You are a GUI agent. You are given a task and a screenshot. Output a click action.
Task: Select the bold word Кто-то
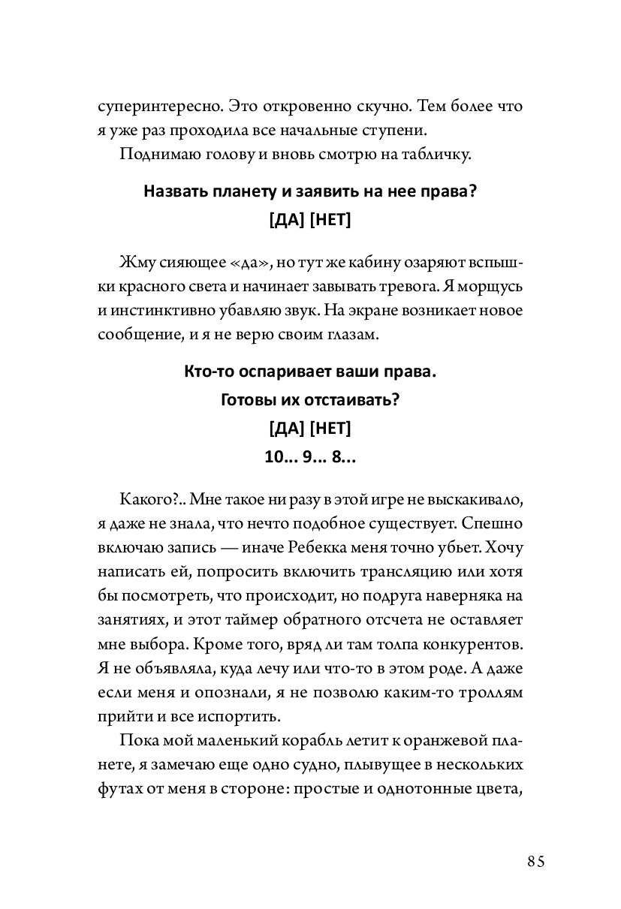pos(206,372)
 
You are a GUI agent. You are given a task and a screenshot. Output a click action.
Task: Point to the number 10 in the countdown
pos(276,459)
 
